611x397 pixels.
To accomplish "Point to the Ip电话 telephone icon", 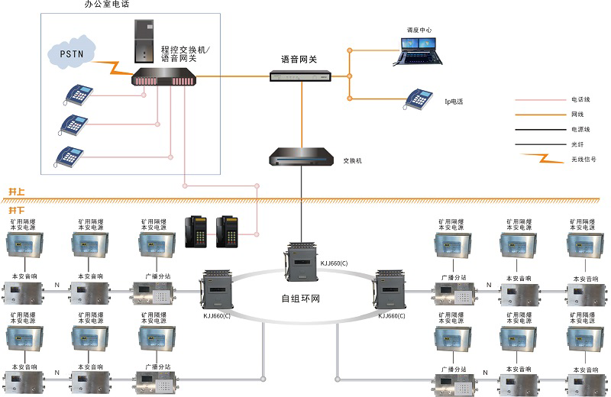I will (419, 98).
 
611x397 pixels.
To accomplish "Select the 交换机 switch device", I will (300, 159).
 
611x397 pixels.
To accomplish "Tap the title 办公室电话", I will (107, 5).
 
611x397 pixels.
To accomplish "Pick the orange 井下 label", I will (17, 209).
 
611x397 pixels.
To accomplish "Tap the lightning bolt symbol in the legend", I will (540, 160).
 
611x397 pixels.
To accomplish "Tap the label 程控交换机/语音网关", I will (190, 53).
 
